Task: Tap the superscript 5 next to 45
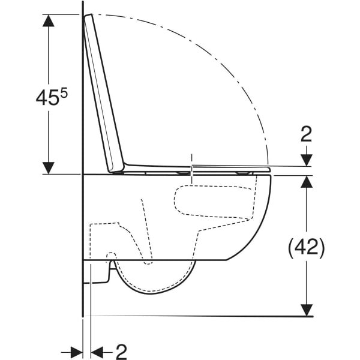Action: [64, 94]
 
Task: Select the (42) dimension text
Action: [306, 247]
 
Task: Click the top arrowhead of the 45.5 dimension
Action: [49, 20]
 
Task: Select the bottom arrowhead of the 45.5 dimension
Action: [49, 168]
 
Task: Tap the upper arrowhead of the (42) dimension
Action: [307, 182]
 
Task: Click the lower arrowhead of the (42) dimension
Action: [307, 310]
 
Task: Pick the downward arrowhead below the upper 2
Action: [307, 160]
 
